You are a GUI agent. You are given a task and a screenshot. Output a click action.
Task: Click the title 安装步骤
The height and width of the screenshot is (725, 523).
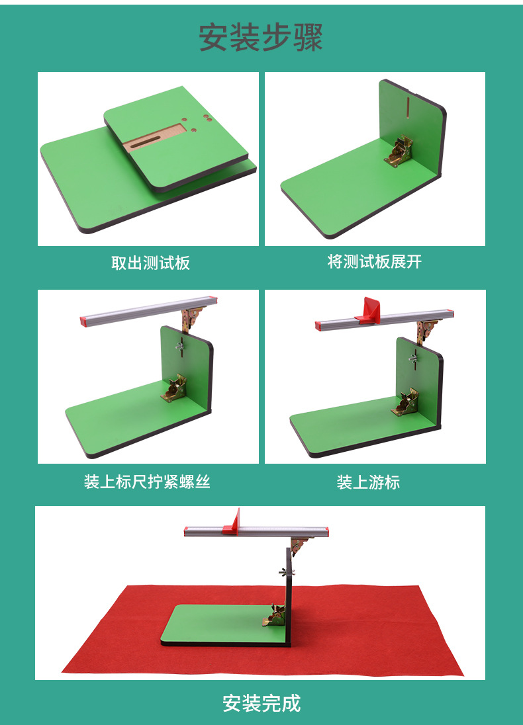point(261,38)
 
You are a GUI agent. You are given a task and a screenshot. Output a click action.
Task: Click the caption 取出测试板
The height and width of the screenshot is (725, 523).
point(150,263)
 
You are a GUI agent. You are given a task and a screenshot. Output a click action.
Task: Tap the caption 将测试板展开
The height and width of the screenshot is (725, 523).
point(375,262)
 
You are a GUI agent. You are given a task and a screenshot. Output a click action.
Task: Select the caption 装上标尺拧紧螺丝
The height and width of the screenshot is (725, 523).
point(147,482)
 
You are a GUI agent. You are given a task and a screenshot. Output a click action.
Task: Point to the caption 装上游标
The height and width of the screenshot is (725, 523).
point(368,482)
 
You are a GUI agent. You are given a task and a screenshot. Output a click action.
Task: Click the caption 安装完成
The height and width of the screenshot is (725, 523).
point(261,703)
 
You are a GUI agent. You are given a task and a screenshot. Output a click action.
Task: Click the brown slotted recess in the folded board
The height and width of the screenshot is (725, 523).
point(155,138)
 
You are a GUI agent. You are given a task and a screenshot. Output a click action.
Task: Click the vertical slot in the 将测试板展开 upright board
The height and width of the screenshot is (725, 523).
point(408,108)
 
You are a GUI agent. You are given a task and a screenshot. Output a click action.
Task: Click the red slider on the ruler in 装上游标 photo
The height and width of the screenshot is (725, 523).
point(369,311)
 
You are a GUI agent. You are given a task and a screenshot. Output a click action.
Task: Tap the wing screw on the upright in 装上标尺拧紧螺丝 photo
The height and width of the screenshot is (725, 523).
point(180,346)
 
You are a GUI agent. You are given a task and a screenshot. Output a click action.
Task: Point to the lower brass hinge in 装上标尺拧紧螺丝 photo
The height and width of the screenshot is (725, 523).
point(174,388)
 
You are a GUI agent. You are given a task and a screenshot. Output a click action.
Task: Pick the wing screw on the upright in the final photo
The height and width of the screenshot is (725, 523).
point(287,572)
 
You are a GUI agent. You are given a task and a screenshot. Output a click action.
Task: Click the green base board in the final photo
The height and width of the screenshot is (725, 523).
point(222,624)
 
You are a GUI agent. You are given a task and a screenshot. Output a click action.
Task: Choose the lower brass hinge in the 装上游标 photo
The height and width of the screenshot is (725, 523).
point(405,402)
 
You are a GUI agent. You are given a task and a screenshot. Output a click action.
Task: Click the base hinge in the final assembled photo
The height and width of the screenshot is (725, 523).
point(275,615)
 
